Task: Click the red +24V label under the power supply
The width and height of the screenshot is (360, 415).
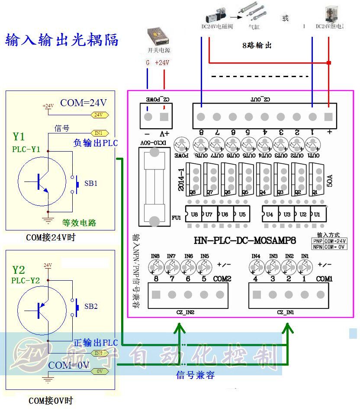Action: pos(162,62)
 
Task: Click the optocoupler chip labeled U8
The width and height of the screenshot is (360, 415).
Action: pos(194,214)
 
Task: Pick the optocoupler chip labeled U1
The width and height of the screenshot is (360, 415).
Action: pos(317,214)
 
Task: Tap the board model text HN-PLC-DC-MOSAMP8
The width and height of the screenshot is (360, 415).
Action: pos(244,240)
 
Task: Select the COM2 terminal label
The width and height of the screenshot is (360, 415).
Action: pos(222,279)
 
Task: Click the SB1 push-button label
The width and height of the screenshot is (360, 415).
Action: pos(91,183)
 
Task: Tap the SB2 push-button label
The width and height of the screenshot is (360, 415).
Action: pos(91,306)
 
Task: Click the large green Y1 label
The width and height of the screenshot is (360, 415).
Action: pos(19,137)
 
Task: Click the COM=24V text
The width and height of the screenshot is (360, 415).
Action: pos(83,103)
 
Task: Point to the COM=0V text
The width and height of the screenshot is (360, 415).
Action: pos(69,365)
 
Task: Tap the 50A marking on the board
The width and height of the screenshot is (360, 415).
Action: pos(330,178)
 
